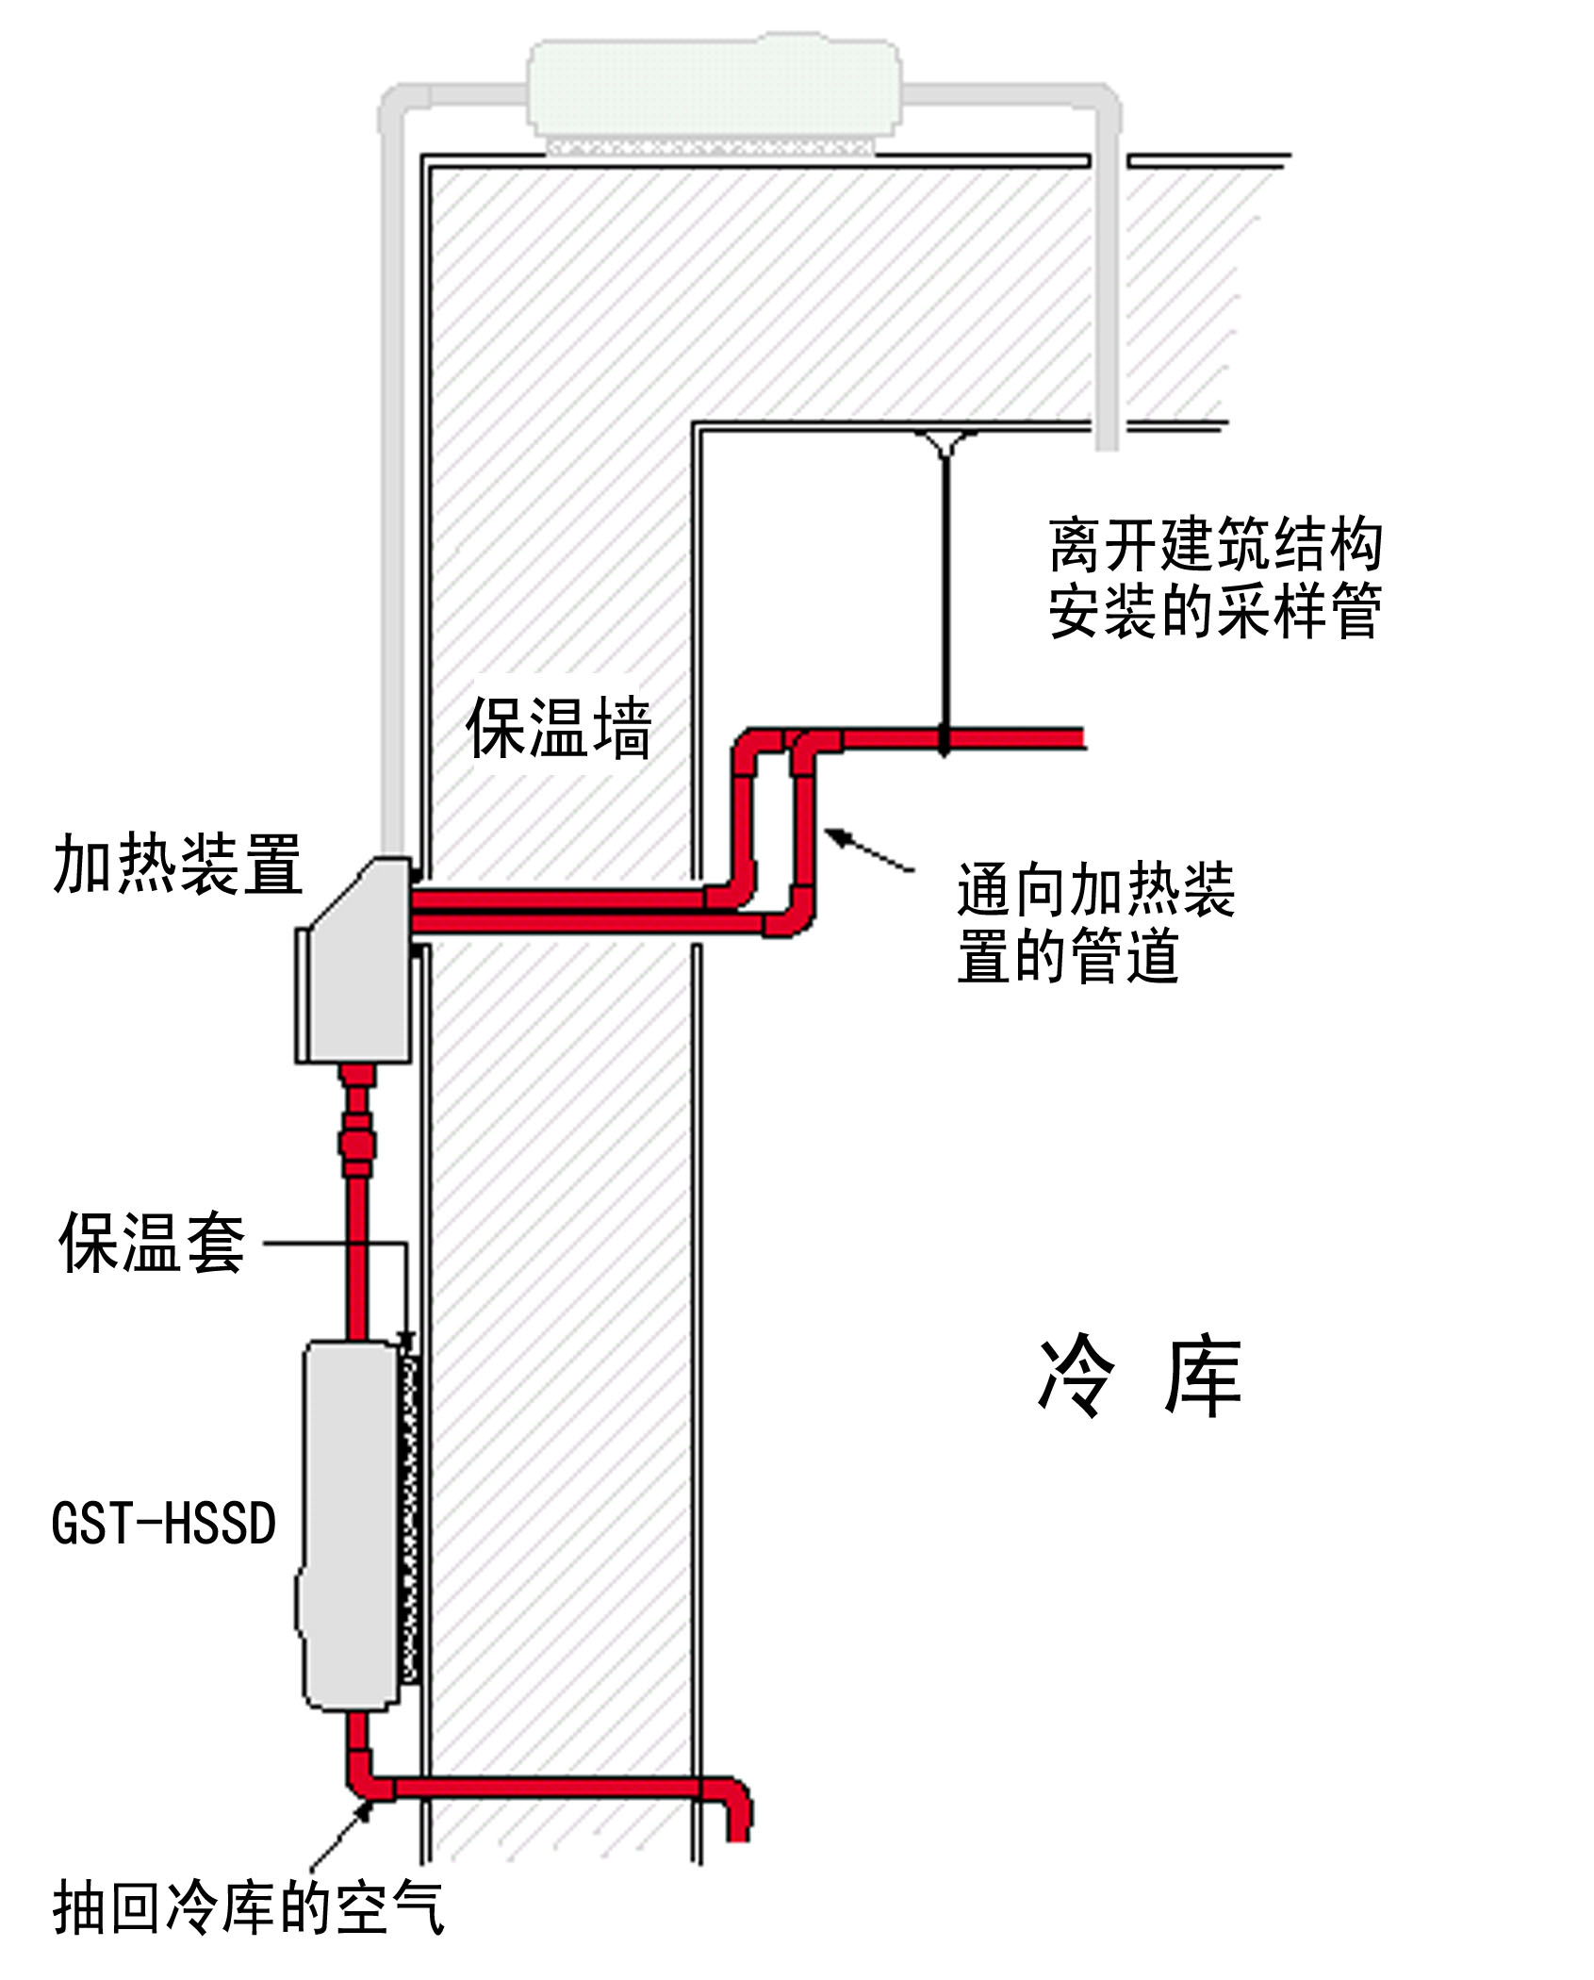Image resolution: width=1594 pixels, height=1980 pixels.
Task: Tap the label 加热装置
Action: pos(178,864)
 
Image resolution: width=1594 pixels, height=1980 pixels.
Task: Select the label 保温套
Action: pos(152,1243)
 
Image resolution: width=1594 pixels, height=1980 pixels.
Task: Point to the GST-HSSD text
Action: pos(164,1523)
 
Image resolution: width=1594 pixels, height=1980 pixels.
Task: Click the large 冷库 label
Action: pos(1140,1377)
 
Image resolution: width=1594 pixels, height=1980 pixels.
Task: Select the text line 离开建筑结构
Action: pos(1215,545)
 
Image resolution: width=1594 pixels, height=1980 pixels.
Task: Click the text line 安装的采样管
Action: pos(1215,611)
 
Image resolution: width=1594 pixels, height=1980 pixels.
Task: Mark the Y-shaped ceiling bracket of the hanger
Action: pos(945,440)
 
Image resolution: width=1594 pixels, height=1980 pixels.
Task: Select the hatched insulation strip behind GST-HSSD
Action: pos(409,1518)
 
